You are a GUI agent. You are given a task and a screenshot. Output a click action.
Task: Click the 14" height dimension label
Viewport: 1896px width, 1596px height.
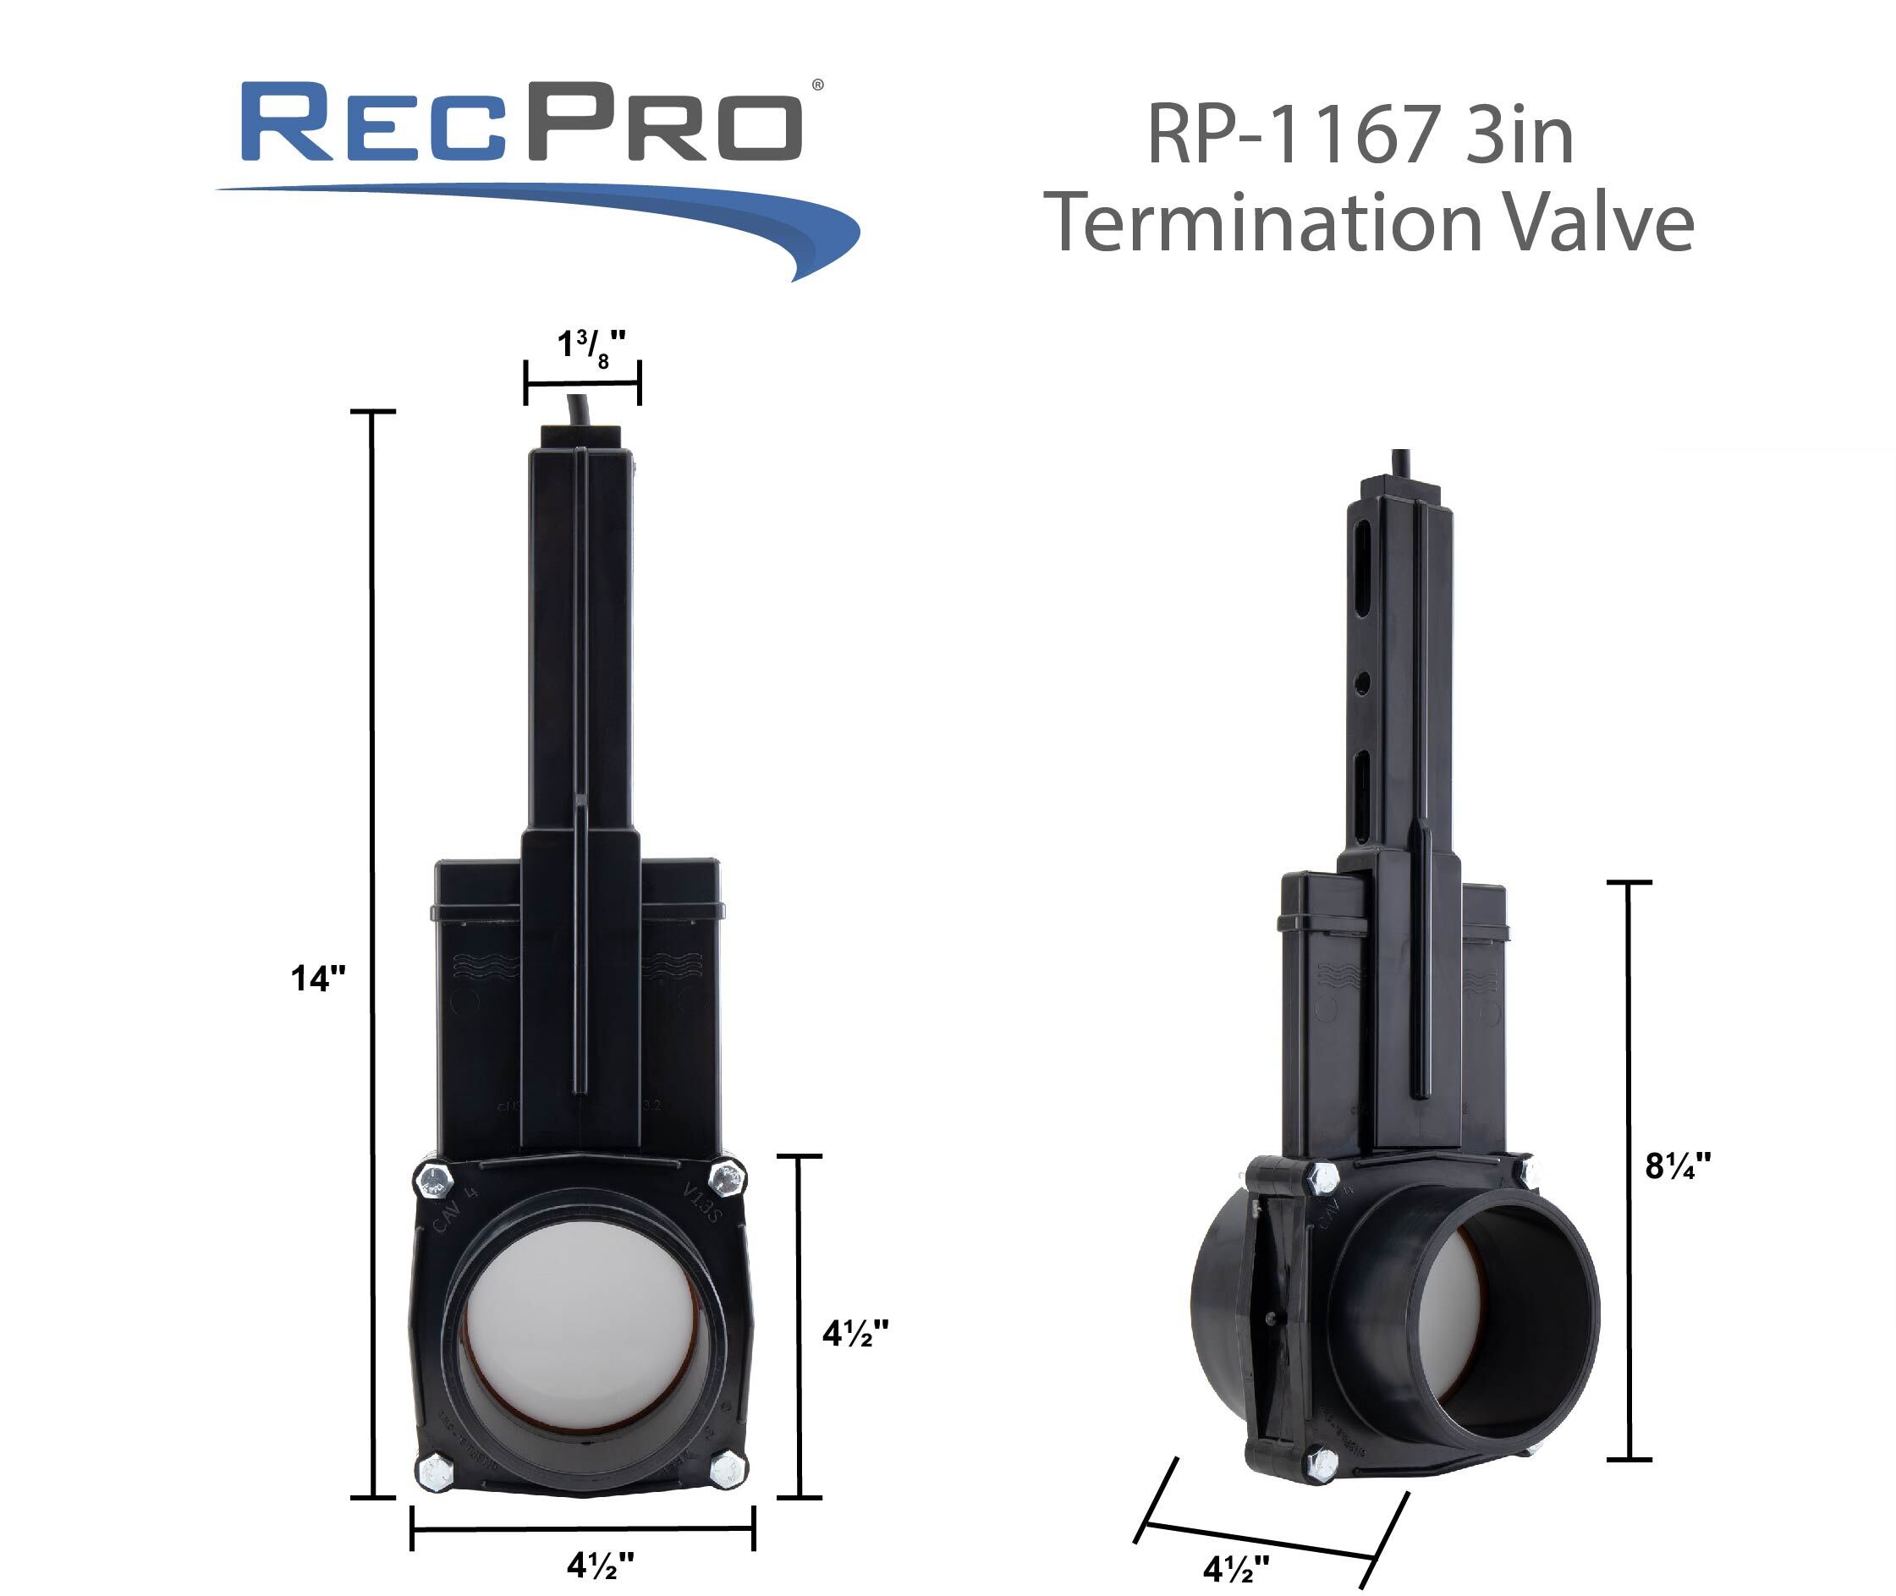pyautogui.click(x=317, y=979)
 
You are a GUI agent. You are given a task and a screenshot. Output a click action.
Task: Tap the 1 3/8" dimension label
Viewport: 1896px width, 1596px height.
pyautogui.click(x=590, y=347)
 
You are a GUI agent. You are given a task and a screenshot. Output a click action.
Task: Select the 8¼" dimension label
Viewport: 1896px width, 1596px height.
pyautogui.click(x=1677, y=1166)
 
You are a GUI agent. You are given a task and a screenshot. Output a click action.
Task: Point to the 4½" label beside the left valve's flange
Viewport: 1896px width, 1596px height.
pyautogui.click(x=855, y=1333)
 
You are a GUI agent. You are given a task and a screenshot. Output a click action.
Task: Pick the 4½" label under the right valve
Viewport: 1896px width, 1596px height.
pyautogui.click(x=1235, y=1567)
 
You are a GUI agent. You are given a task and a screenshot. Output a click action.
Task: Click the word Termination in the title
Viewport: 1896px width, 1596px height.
pyautogui.click(x=1261, y=222)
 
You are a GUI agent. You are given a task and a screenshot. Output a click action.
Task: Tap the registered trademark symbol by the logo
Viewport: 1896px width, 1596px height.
pyautogui.click(x=817, y=85)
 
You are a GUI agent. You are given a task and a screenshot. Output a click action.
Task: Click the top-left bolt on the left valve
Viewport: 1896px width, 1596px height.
pyautogui.click(x=432, y=1181)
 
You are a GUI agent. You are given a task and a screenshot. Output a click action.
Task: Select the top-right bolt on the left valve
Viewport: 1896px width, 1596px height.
pyautogui.click(x=726, y=1178)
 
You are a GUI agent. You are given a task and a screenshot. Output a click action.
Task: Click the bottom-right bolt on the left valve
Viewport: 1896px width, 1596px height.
pyautogui.click(x=727, y=1467)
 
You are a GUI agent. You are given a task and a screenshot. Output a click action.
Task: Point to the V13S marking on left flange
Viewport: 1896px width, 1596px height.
pyautogui.click(x=701, y=1202)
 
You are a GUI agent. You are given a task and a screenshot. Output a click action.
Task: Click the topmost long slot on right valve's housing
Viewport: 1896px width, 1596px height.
pyautogui.click(x=1361, y=571)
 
